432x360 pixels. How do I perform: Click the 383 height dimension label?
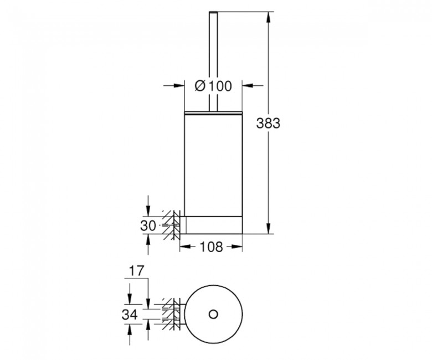(x=268, y=123)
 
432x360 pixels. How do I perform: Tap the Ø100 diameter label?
(x=213, y=86)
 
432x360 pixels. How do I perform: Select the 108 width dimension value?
(x=211, y=247)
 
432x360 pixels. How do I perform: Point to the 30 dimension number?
(x=148, y=226)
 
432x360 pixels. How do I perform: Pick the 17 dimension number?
(x=137, y=271)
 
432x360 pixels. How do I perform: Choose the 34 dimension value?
(x=130, y=314)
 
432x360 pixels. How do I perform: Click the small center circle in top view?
(x=213, y=314)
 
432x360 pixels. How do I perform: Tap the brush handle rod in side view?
(x=214, y=61)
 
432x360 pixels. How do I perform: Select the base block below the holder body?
(x=211, y=225)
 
